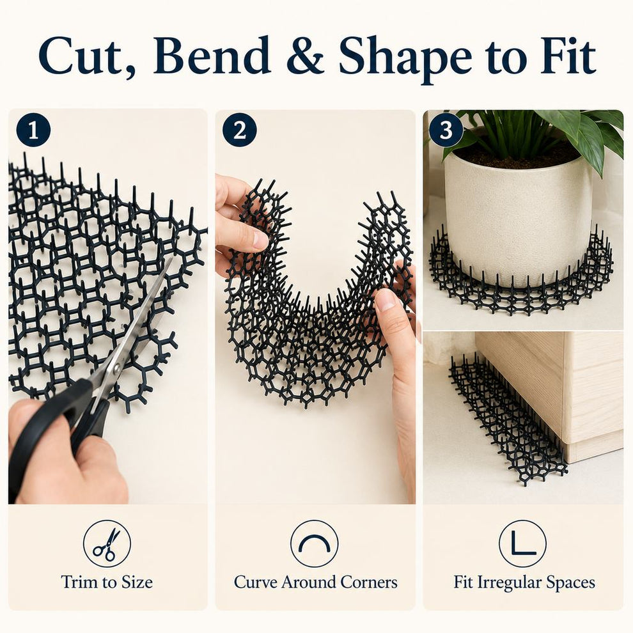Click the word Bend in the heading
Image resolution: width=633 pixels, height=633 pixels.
212,55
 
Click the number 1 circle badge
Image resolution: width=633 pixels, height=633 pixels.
33,131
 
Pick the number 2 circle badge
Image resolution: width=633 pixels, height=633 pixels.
239,130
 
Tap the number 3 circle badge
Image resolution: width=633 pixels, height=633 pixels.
446,130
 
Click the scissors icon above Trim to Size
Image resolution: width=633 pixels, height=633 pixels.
107,543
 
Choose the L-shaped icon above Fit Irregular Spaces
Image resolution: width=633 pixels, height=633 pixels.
522,543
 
